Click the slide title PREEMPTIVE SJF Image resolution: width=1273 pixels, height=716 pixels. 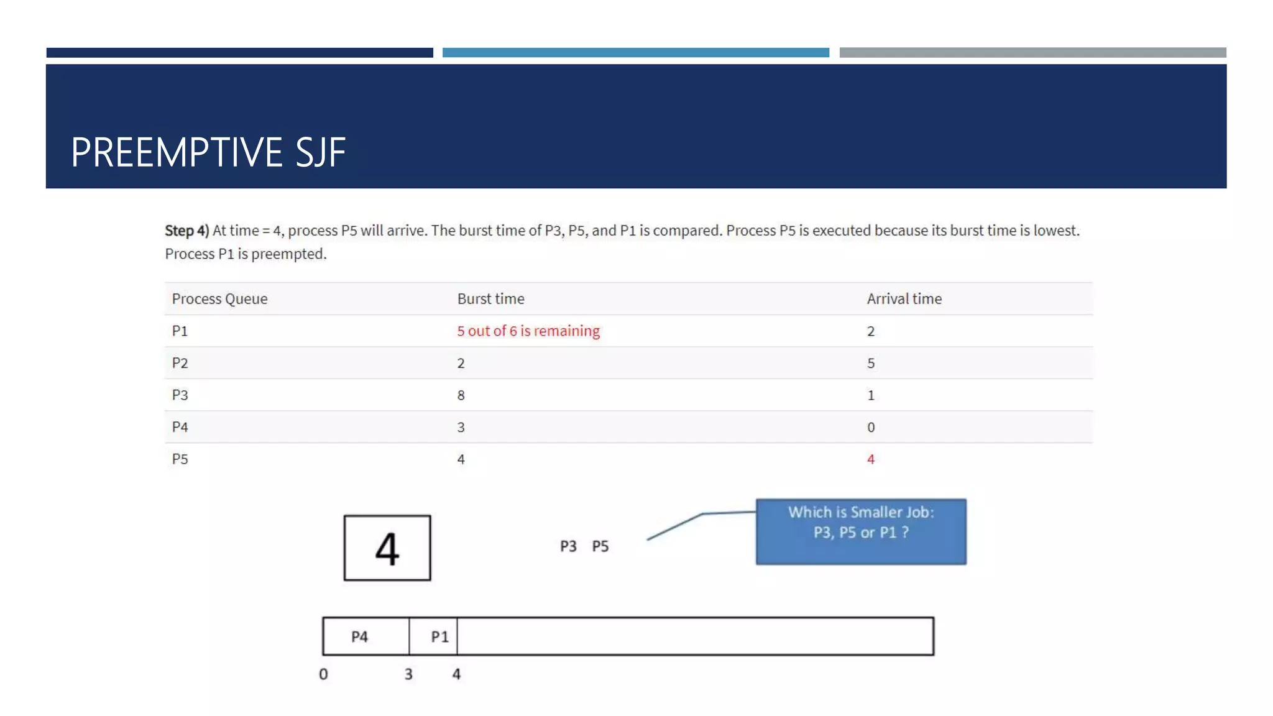tap(208, 152)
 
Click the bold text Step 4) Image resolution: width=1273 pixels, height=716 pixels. tap(186, 231)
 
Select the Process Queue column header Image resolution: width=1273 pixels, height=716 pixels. tap(219, 299)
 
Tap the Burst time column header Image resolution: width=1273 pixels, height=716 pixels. tap(490, 299)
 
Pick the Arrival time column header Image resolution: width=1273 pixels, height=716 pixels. tap(904, 299)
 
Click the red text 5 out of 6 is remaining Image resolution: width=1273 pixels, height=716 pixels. tap(528, 331)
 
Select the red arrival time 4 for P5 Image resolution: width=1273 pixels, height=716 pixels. tap(870, 459)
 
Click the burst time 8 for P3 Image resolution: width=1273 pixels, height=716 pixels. tap(461, 395)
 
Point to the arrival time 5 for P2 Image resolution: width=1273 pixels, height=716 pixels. tap(870, 364)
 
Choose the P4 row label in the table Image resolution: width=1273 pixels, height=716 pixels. tap(180, 428)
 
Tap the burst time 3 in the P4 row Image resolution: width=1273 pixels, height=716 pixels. tap(461, 428)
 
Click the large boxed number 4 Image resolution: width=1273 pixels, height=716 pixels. tap(387, 548)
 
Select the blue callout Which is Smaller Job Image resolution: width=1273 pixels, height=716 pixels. tap(861, 531)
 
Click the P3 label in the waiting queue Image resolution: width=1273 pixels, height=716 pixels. tap(568, 546)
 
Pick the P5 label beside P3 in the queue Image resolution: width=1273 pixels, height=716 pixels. tap(600, 546)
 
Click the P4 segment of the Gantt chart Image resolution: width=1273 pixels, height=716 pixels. tap(359, 637)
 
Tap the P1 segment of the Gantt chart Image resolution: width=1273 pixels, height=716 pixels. tap(439, 637)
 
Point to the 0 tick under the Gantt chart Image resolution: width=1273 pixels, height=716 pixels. tap(323, 674)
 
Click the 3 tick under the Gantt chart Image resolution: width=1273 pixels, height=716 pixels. tap(408, 674)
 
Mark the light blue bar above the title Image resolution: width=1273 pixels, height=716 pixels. tap(635, 53)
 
